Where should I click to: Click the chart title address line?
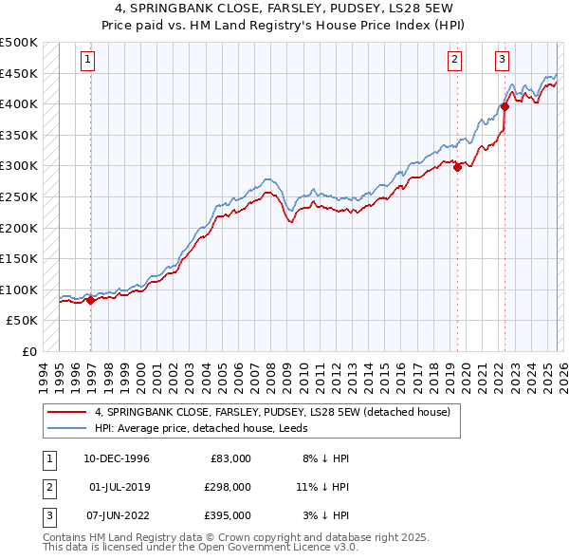click(284, 9)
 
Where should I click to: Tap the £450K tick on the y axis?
click(19, 73)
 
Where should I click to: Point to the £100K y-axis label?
click(19, 289)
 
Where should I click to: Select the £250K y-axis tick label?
click(19, 197)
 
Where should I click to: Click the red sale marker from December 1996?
click(91, 301)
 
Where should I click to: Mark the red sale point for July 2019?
click(457, 168)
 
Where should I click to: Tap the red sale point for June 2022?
click(505, 107)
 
